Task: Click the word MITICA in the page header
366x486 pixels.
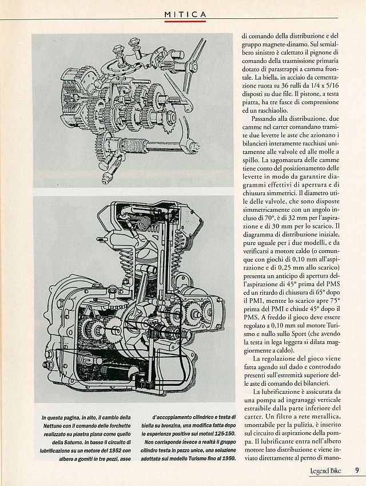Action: [x=185, y=14]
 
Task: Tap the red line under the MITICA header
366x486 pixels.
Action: [x=185, y=21]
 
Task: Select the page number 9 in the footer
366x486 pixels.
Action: [x=357, y=470]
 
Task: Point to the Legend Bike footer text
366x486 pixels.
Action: [x=325, y=471]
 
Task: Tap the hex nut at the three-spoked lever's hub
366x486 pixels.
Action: [x=193, y=66]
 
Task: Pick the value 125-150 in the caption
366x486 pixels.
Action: [x=225, y=433]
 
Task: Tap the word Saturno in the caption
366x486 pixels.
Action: [x=81, y=442]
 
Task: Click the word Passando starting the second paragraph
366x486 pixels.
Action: [x=264, y=118]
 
